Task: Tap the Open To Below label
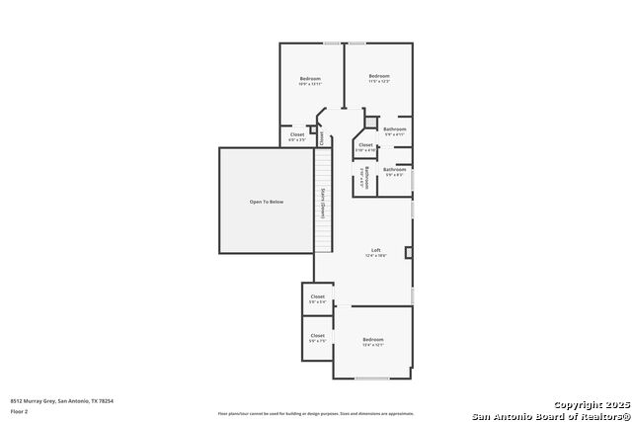(267, 202)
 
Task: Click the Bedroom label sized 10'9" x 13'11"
(310, 81)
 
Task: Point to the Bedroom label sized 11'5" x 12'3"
(379, 79)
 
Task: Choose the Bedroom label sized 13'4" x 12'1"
(373, 342)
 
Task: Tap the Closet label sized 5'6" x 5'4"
(318, 298)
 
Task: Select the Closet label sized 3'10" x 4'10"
(365, 147)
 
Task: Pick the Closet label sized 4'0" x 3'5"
(297, 136)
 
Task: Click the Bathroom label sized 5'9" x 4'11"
(395, 131)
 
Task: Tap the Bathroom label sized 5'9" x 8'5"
(395, 171)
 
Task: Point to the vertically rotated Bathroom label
(365, 178)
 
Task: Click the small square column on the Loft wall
(409, 253)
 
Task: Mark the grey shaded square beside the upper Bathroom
(372, 123)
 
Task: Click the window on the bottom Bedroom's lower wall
(372, 378)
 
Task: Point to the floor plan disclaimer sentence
(316, 413)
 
